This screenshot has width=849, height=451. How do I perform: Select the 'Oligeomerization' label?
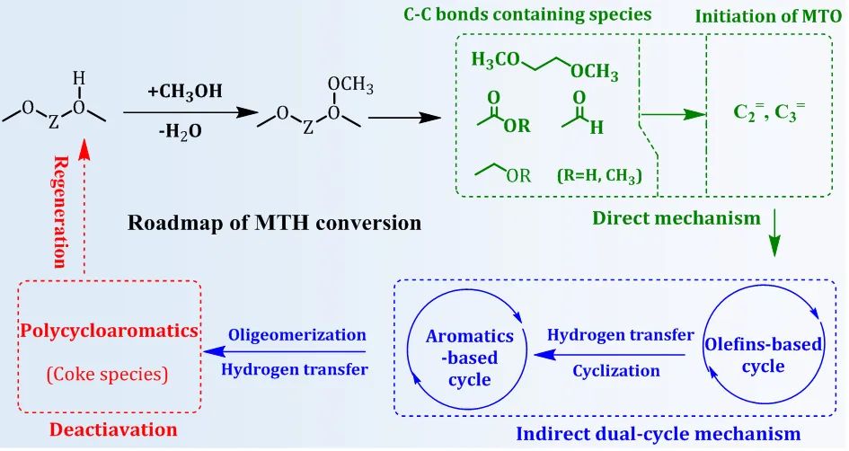pos(296,334)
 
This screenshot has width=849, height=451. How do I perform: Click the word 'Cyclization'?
pos(615,370)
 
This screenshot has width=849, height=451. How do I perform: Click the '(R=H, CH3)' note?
pos(599,176)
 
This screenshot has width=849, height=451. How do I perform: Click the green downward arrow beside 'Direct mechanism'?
pos(777,237)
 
